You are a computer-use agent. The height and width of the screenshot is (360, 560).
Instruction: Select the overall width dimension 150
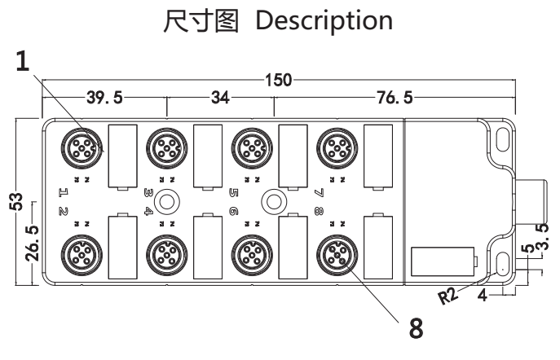coord(279,81)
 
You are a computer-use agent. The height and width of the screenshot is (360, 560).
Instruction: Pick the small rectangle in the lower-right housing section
coord(441,261)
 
